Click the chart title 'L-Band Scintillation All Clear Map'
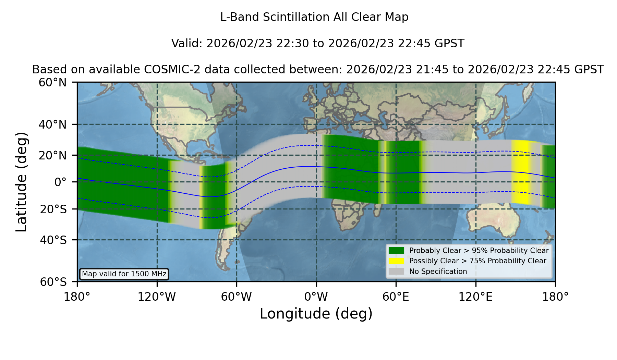(x=314, y=17)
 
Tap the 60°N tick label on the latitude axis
(x=53, y=83)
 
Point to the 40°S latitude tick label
(x=53, y=240)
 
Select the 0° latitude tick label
(x=60, y=182)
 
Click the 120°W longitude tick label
(x=157, y=297)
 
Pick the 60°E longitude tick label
(x=396, y=297)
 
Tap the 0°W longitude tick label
(x=316, y=297)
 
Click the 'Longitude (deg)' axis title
(x=316, y=314)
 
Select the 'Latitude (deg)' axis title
(x=21, y=182)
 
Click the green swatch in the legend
(x=396, y=250)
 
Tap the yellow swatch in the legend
(x=396, y=261)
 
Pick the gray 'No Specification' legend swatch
(x=396, y=272)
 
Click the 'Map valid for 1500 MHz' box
(x=124, y=274)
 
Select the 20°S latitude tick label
(x=53, y=209)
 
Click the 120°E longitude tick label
(x=475, y=297)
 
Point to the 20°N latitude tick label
(x=53, y=155)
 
